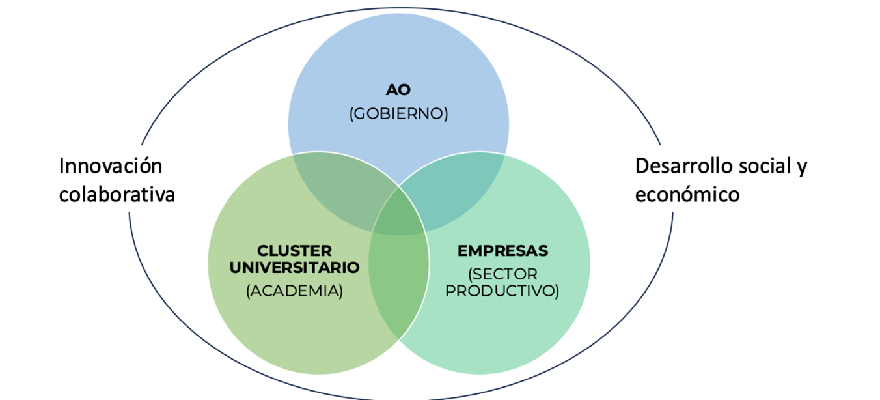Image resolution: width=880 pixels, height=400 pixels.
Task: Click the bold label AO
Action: (398, 90)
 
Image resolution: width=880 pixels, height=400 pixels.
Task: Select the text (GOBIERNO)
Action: (398, 113)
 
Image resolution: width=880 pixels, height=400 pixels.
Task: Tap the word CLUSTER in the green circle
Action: (294, 251)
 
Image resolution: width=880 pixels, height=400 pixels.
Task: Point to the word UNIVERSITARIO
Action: (294, 267)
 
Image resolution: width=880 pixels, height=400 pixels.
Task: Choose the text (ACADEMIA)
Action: (294, 291)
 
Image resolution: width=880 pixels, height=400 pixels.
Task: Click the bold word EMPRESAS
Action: (502, 251)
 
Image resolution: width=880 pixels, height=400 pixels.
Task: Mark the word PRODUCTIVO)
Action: (502, 291)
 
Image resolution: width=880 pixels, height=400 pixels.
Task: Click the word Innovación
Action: (111, 166)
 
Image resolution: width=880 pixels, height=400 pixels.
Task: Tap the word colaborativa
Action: (117, 195)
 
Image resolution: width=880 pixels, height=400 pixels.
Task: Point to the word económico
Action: (687, 195)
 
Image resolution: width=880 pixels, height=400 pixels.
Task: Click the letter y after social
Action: (801, 168)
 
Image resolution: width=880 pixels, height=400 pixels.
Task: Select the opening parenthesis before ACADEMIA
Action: (249, 291)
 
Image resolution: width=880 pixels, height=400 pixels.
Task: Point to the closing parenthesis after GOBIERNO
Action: (446, 114)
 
